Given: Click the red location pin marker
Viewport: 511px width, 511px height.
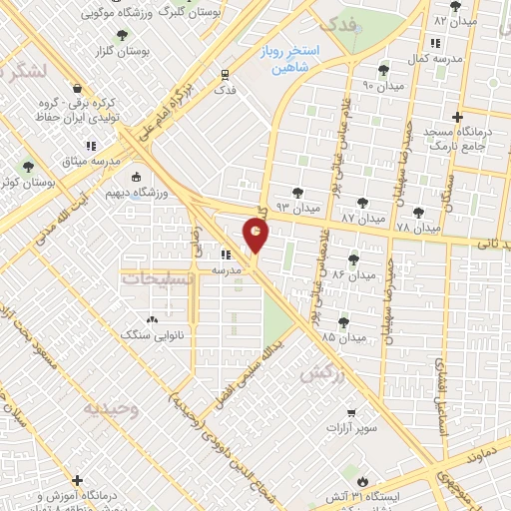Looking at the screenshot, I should click(x=256, y=236).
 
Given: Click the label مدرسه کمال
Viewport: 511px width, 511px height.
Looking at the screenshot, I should click(x=435, y=59).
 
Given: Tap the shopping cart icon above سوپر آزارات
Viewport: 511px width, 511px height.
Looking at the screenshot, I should click(x=349, y=411).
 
